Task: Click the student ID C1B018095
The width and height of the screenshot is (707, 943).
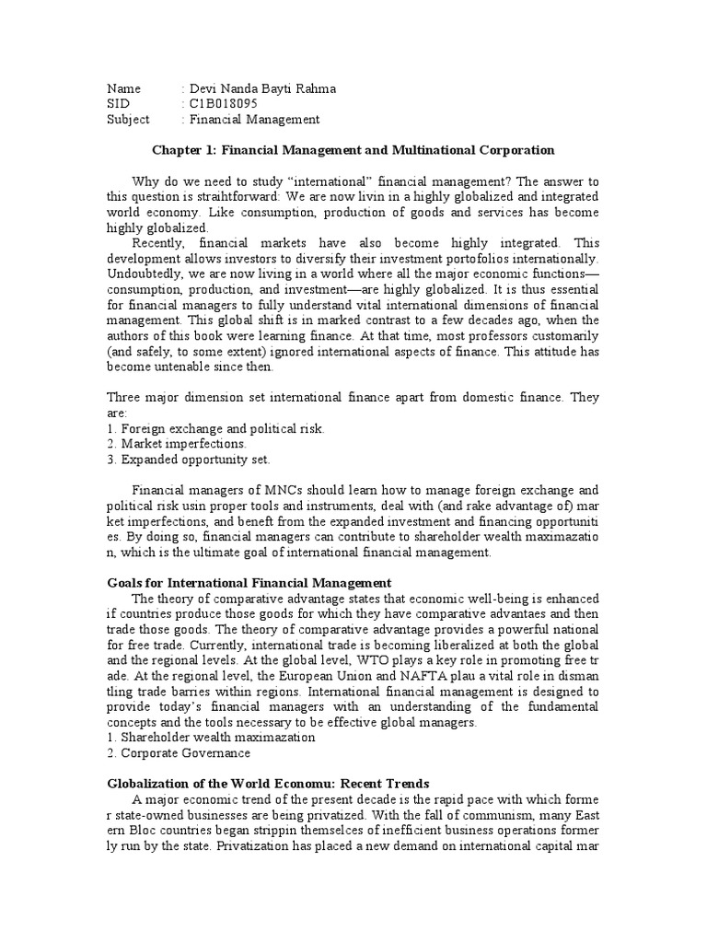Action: [221, 104]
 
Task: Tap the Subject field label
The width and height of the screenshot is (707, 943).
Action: [127, 120]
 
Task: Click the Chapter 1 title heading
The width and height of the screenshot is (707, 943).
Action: [353, 149]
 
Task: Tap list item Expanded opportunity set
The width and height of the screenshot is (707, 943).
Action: [190, 460]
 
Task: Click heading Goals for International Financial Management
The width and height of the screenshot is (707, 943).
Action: [249, 584]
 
